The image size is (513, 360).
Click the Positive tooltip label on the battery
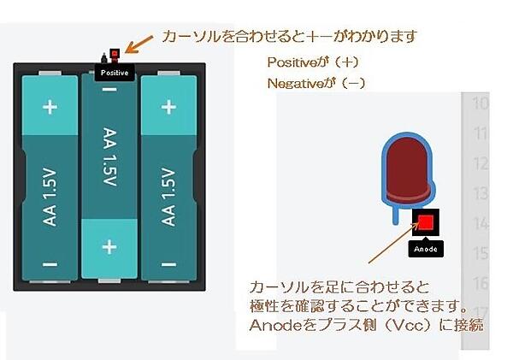tap(115, 73)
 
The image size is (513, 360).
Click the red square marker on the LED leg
tap(424, 222)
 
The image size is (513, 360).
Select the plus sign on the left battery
tap(50, 108)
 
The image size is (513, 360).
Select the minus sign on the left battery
tap(50, 263)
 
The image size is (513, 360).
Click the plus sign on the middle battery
tap(109, 247)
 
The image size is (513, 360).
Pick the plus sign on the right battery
tap(168, 108)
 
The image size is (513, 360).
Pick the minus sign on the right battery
tap(168, 263)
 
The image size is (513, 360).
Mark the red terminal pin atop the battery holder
tap(113, 57)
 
